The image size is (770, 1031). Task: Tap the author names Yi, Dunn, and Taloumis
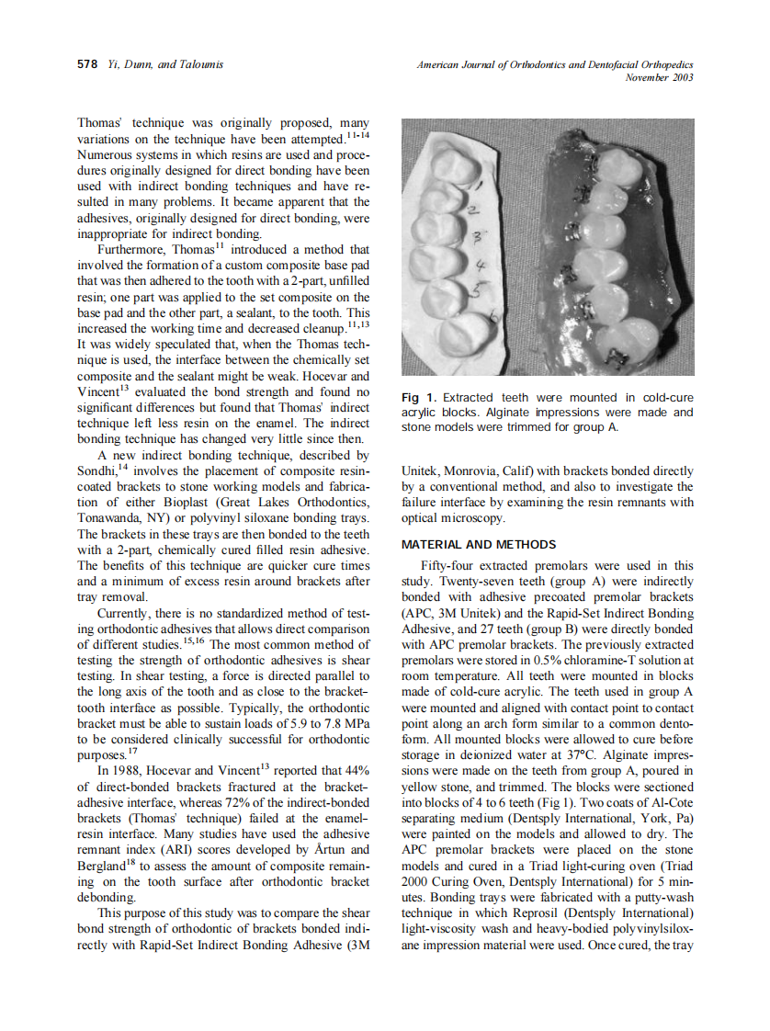(165, 64)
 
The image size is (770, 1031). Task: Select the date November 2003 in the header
(658, 78)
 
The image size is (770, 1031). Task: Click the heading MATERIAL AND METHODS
(479, 545)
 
